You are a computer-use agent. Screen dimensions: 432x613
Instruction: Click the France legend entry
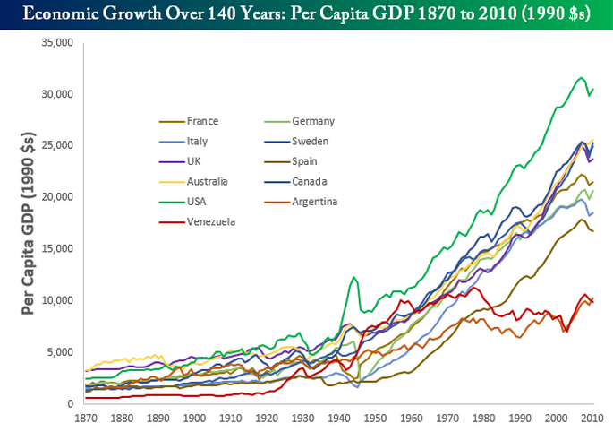coord(202,121)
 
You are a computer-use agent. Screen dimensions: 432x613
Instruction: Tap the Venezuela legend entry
coord(211,221)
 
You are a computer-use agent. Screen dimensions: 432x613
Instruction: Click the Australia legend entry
coord(208,182)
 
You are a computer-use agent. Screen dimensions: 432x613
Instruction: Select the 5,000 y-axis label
coord(62,351)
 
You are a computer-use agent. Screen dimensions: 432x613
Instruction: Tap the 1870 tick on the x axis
coord(86,418)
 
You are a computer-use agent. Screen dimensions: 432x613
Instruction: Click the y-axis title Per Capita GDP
coord(29,224)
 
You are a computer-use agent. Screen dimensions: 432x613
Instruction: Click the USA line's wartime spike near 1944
coord(354,278)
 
